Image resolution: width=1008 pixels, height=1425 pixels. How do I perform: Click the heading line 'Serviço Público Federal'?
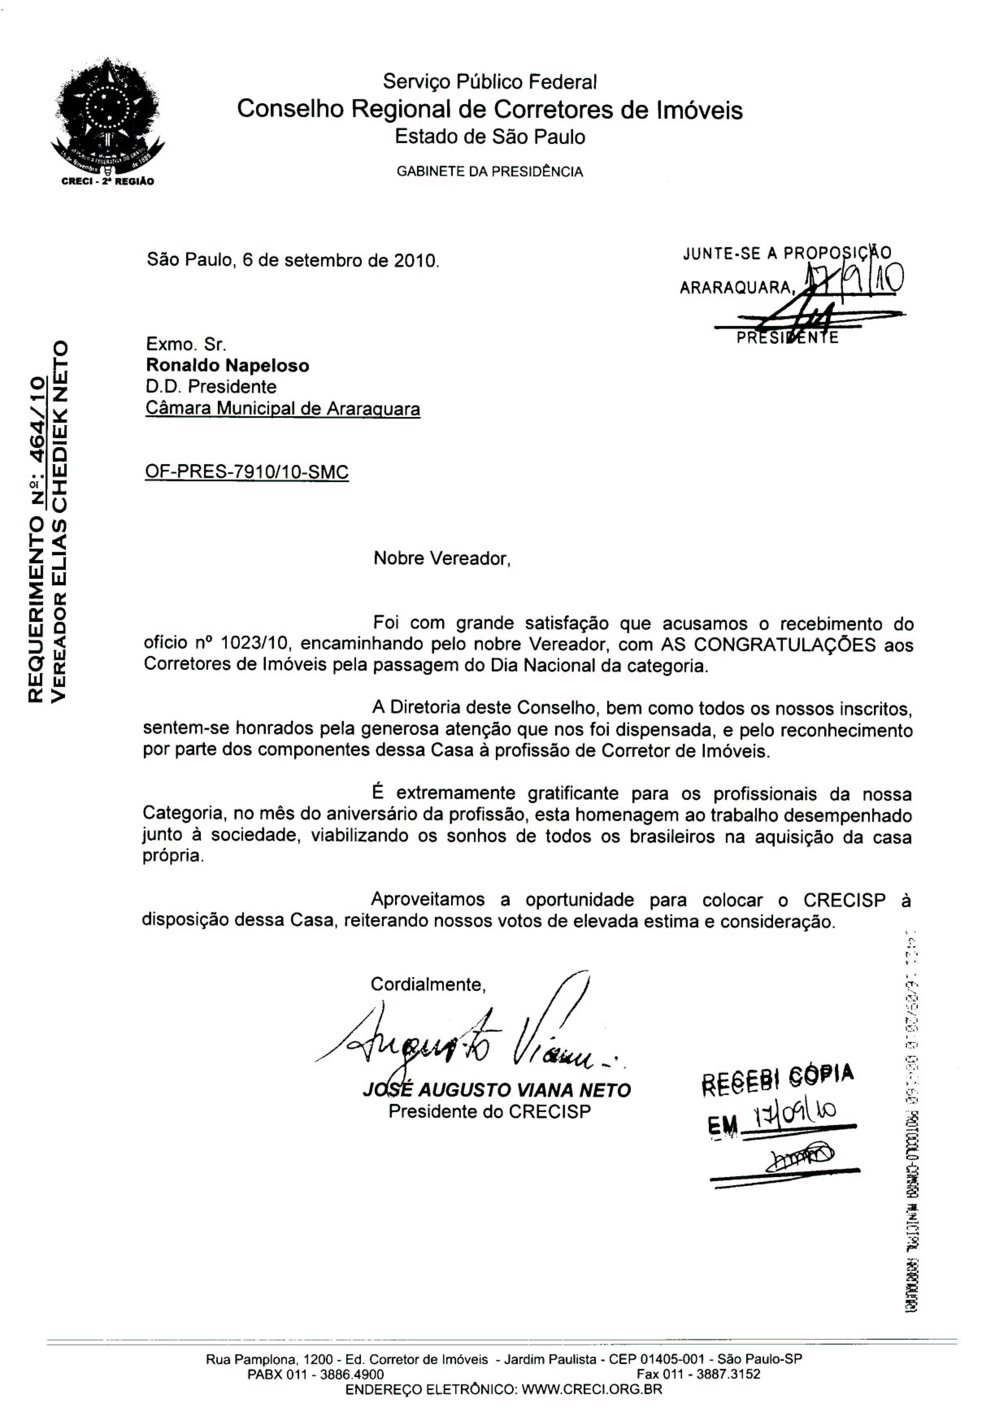(x=490, y=81)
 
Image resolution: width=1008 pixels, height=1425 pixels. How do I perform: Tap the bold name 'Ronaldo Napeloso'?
(x=227, y=365)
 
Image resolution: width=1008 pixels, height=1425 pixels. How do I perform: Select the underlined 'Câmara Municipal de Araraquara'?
(x=282, y=408)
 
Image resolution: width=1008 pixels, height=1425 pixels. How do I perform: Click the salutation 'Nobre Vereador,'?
(x=441, y=558)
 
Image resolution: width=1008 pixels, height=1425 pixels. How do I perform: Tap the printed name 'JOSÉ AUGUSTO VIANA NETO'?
(x=497, y=1090)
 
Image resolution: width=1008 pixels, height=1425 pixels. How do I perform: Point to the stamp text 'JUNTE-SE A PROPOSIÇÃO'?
(x=786, y=253)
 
